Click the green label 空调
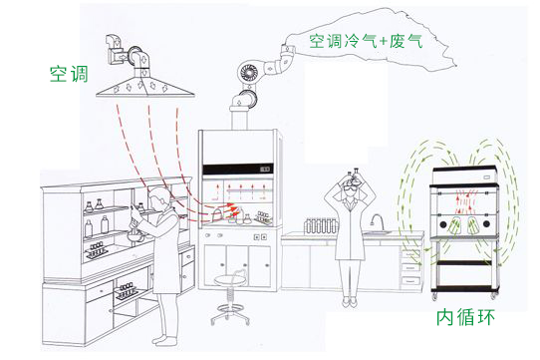[67, 73]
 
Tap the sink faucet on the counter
[376, 220]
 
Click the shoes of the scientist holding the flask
[349, 300]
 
